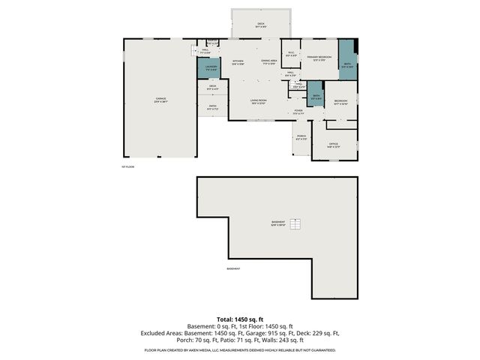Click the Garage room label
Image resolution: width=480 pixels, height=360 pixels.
160,100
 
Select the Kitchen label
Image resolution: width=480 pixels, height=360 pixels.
238,62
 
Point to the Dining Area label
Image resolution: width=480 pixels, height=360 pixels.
269,62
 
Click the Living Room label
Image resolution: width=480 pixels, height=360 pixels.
257,102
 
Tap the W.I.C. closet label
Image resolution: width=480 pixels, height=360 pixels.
292,54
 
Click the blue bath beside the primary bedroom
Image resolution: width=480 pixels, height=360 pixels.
347,65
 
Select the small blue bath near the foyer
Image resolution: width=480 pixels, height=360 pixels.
316,97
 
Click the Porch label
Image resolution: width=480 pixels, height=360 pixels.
301,138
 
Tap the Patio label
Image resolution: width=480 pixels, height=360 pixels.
213,108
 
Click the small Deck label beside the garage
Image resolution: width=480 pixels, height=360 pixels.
213,87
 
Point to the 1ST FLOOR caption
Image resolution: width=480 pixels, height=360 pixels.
127,166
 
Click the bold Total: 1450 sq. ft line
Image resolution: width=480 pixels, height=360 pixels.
239,319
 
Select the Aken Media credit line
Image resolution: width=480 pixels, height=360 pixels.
239,349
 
